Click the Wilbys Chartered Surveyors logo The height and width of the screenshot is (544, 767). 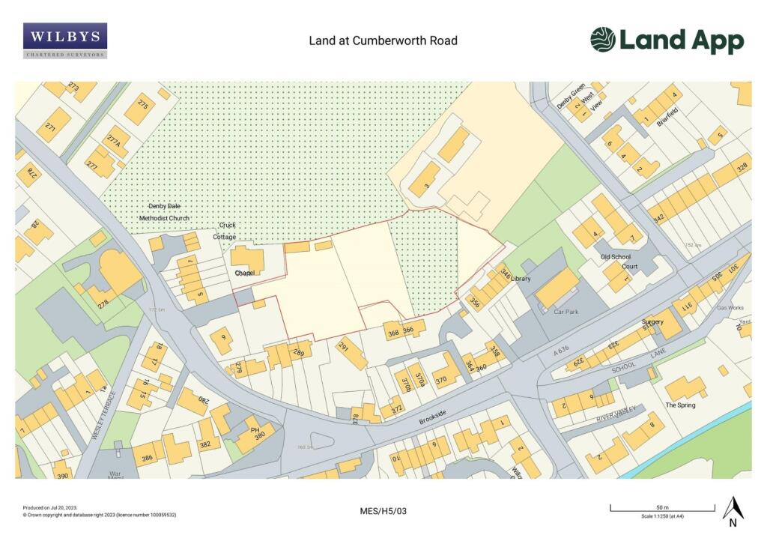click(x=65, y=40)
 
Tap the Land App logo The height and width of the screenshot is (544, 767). click(x=667, y=40)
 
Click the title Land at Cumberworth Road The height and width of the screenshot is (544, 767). click(x=383, y=40)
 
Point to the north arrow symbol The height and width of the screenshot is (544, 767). click(x=733, y=510)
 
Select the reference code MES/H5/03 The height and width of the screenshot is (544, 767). click(x=383, y=511)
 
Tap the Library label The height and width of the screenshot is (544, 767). click(x=521, y=279)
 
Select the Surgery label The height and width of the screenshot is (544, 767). click(x=653, y=322)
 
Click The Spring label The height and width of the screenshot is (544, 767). click(x=680, y=405)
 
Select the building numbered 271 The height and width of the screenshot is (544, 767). click(x=54, y=123)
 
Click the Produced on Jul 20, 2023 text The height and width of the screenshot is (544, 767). click(x=51, y=507)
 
